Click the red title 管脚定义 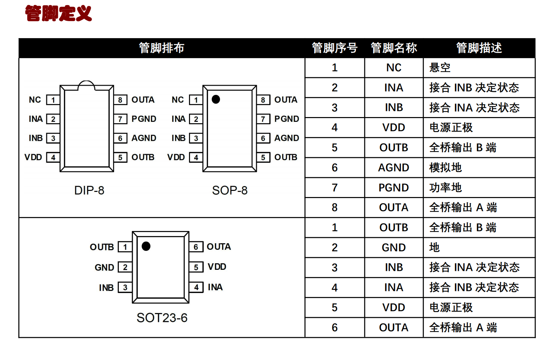click(59, 13)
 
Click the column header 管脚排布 click(161, 48)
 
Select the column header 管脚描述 click(479, 48)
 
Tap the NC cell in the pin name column click(394, 68)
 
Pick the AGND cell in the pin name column click(394, 168)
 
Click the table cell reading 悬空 click(440, 68)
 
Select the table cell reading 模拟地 click(445, 168)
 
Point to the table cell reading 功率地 click(445, 188)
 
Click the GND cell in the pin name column click(394, 248)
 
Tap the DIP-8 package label click(89, 191)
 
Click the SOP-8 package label click(230, 191)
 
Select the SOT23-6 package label click(162, 318)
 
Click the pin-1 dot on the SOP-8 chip click(216, 99)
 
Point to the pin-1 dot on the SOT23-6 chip click(146, 246)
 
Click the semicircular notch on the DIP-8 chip click(86, 85)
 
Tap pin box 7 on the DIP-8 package click(121, 119)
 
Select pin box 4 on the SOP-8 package click(196, 158)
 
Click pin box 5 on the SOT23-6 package click(196, 267)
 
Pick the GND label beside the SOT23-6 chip click(104, 267)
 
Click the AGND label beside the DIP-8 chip click(144, 138)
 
